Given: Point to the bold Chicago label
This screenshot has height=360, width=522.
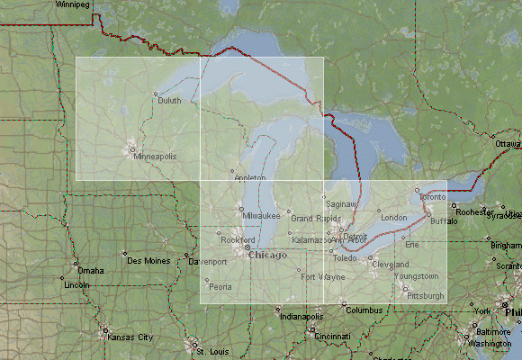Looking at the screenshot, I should tap(267, 255).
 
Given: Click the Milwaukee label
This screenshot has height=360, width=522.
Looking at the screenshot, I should tap(262, 216).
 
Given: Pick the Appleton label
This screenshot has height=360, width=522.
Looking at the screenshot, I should tap(250, 178).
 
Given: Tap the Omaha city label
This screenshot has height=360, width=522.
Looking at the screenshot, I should tap(90, 270).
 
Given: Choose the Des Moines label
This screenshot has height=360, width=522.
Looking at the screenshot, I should tap(148, 261).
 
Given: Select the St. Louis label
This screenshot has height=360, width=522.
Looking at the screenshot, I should tap(213, 350).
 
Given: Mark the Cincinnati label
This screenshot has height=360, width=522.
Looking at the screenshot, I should tap(332, 336).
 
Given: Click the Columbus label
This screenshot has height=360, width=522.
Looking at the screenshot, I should tap(364, 310).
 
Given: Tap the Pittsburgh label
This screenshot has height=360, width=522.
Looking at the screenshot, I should tap(426, 295).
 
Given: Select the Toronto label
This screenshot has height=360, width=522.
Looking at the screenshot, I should tap(432, 196).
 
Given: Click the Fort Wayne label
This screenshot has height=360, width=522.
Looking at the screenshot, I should tap(323, 276).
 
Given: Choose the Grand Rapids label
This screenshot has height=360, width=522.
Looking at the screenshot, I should tap(315, 218).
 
